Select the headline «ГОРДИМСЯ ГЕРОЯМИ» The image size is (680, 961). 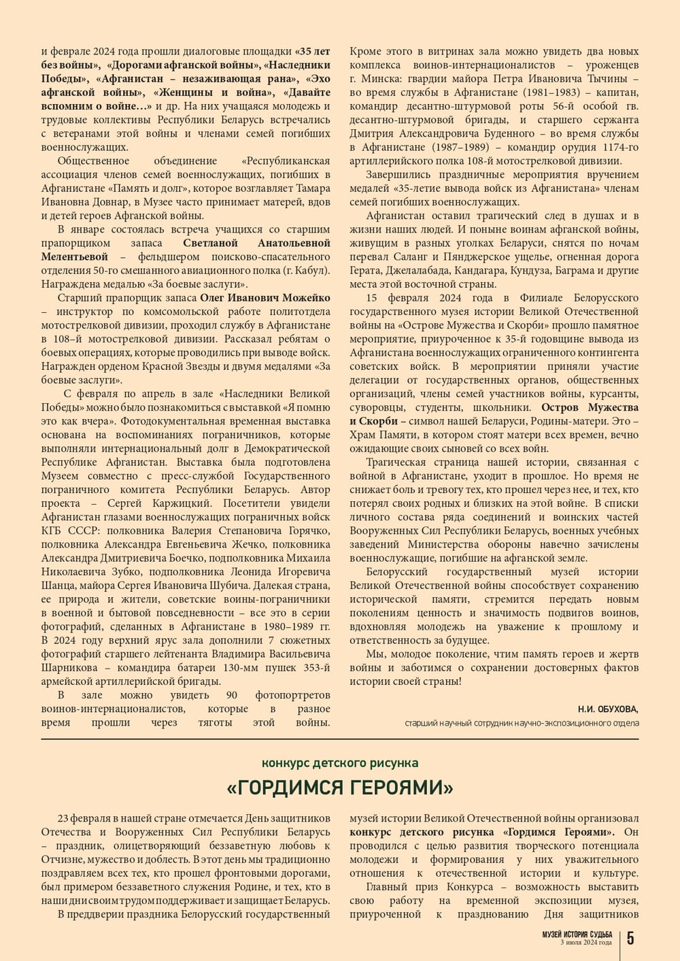(340, 788)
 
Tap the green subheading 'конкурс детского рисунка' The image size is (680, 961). (340, 763)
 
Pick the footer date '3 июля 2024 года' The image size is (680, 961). (585, 943)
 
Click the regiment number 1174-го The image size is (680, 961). (615, 147)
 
